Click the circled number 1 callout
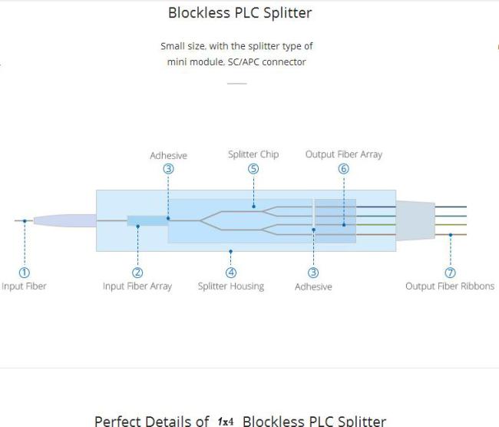[x=25, y=273]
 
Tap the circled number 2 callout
[x=137, y=273]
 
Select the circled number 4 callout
[x=231, y=273]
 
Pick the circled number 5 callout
[x=253, y=169]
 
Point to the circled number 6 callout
[x=344, y=169]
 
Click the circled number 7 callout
[x=450, y=273]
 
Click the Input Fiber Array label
[x=137, y=286]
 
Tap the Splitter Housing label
[x=231, y=286]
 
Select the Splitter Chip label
[x=253, y=154]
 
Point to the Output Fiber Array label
[x=344, y=154]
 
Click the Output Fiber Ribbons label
[x=450, y=286]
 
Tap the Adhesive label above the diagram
[x=169, y=156]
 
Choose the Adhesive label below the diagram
[x=313, y=287]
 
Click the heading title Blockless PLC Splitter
[x=240, y=13]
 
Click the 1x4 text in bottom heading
[x=226, y=422]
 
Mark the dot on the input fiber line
[x=25, y=221]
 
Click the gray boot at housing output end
[x=415, y=220]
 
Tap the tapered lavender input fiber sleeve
[x=65, y=220]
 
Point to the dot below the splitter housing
[x=231, y=252]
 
